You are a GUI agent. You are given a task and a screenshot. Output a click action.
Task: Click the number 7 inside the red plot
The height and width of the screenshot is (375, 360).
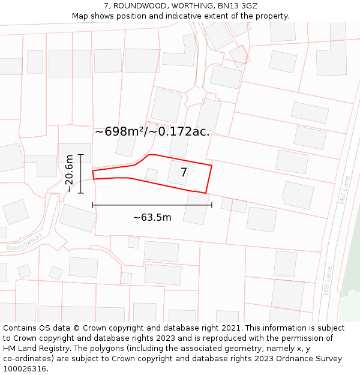click(184, 173)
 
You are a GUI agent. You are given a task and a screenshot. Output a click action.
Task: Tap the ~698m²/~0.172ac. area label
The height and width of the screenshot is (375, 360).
click(152, 131)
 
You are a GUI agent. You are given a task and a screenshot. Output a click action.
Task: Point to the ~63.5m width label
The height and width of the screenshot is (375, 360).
click(152, 217)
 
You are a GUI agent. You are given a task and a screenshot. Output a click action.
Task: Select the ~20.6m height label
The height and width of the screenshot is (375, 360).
click(70, 173)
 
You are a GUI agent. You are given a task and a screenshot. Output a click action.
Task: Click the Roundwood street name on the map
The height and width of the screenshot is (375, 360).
click(25, 242)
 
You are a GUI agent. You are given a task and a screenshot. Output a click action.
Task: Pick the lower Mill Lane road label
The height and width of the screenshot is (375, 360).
click(328, 281)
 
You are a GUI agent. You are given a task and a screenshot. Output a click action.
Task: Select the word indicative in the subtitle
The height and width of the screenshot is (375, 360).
click(183, 16)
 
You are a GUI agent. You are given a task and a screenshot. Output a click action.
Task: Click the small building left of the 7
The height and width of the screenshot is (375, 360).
click(152, 175)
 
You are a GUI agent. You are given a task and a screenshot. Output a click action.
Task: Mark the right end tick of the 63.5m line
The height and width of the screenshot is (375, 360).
click(212, 205)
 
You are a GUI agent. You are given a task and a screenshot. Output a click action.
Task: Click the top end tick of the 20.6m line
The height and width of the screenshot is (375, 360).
click(81, 155)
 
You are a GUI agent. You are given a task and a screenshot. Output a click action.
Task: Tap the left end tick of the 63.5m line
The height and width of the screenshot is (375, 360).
click(93, 205)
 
